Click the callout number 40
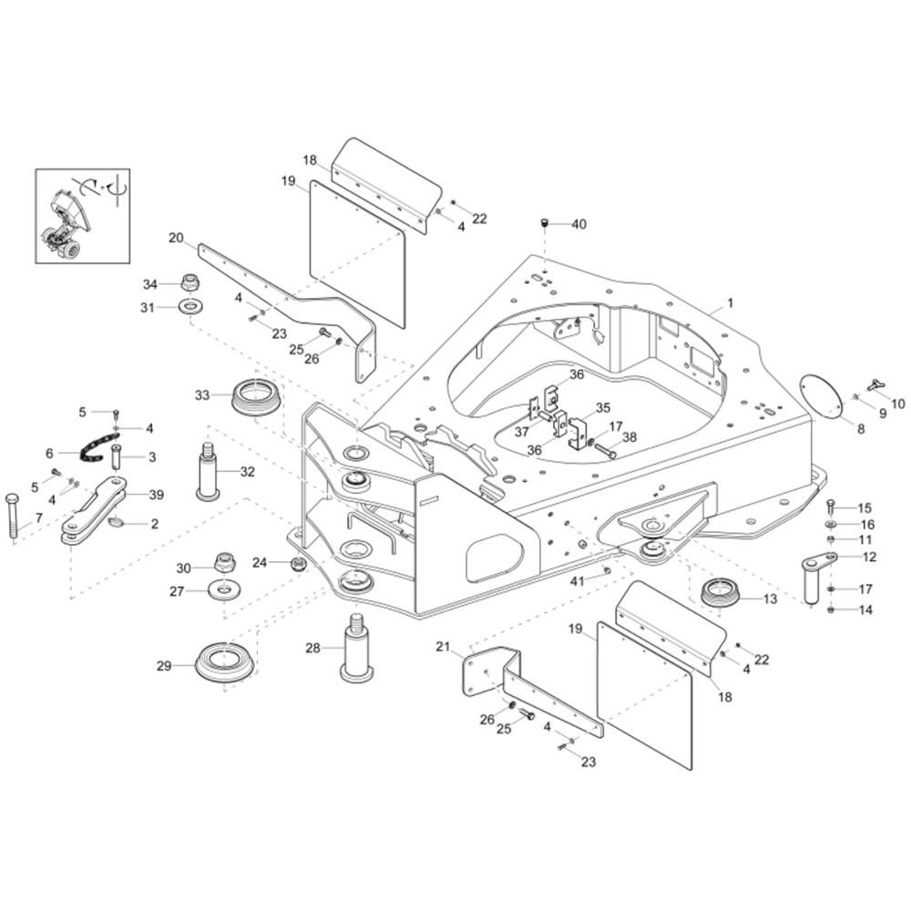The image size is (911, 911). click(x=579, y=224)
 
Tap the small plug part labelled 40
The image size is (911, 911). click(x=545, y=222)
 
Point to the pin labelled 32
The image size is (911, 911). click(x=209, y=471)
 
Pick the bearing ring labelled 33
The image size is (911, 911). click(x=256, y=396)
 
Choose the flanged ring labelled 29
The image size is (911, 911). click(x=225, y=662)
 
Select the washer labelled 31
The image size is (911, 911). click(x=190, y=305)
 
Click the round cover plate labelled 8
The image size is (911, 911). click(x=821, y=396)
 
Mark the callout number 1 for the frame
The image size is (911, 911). click(x=731, y=303)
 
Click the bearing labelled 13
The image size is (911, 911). click(x=721, y=592)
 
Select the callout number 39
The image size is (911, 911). click(x=157, y=495)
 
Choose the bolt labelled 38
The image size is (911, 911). click(x=605, y=450)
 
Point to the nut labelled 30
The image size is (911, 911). click(x=225, y=562)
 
